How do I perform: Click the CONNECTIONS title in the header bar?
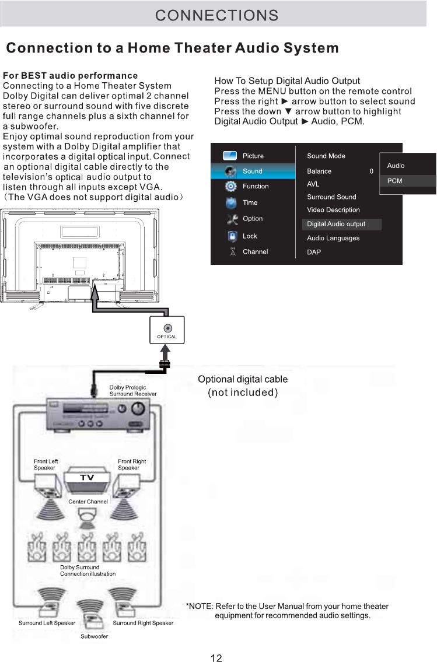216,15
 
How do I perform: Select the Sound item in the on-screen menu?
252,171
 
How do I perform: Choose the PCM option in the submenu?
395,181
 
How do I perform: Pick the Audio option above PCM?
396,166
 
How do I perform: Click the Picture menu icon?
230,156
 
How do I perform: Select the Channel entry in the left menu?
255,251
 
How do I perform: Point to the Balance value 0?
371,171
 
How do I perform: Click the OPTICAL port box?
167,331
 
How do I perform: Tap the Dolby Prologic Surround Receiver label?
133,391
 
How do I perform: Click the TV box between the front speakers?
87,478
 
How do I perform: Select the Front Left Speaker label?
45,464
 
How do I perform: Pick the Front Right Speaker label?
132,464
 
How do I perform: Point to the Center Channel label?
88,502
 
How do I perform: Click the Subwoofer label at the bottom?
94,636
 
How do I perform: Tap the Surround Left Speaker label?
47,623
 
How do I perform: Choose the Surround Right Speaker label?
143,623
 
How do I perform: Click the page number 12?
216,658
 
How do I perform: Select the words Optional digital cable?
243,380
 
